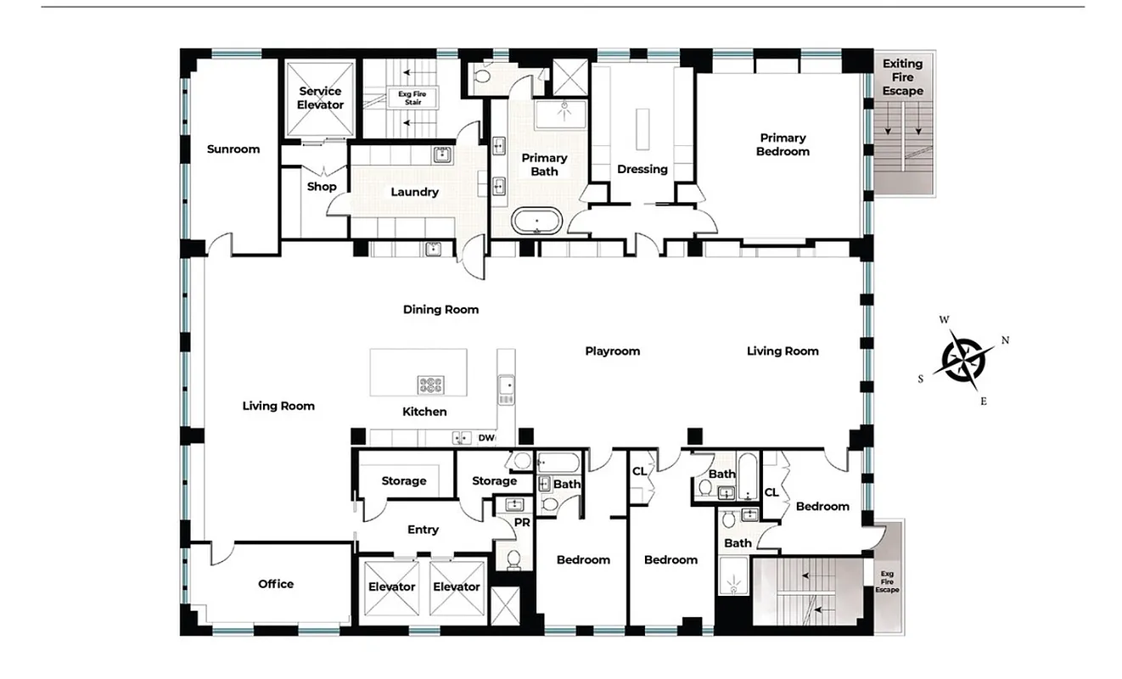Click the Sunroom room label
click(x=233, y=149)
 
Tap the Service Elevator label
click(x=320, y=98)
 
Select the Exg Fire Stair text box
click(x=411, y=98)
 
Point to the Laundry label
click(x=414, y=192)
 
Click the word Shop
click(x=322, y=187)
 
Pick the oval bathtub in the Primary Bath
click(x=536, y=220)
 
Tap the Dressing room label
click(x=642, y=169)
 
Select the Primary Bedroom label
click(x=783, y=144)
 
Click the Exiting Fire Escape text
click(x=902, y=77)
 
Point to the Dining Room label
click(x=440, y=310)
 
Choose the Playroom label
click(x=612, y=351)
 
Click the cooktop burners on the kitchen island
click(x=431, y=384)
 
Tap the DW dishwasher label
click(x=486, y=438)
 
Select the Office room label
click(x=276, y=584)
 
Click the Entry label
click(x=423, y=530)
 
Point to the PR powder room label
click(x=522, y=523)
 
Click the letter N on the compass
click(x=1005, y=340)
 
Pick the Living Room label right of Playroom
click(x=783, y=351)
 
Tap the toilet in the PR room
click(x=513, y=558)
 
